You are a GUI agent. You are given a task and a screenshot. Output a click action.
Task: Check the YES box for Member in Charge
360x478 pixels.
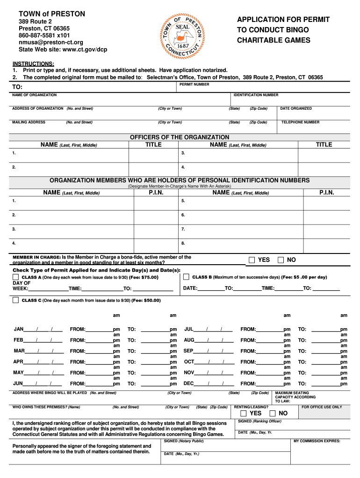click(x=252, y=260)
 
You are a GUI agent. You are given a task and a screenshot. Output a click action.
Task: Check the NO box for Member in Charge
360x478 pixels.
click(x=281, y=260)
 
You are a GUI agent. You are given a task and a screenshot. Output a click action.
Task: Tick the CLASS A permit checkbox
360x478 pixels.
click(x=15, y=277)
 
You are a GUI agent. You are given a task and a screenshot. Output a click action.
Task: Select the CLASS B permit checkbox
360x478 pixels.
click(x=186, y=277)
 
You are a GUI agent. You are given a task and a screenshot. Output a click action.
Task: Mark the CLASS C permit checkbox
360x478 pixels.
click(x=15, y=300)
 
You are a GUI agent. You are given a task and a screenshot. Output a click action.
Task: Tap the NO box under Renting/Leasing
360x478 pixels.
click(x=273, y=414)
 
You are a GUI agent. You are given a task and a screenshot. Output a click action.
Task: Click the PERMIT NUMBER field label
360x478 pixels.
click(x=194, y=84)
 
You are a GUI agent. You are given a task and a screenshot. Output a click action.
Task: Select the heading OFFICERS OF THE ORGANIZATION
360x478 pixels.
click(x=180, y=137)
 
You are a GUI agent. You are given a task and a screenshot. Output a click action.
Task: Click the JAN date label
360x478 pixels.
click(x=19, y=329)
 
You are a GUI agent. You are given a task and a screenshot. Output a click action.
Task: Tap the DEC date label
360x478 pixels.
click(x=189, y=384)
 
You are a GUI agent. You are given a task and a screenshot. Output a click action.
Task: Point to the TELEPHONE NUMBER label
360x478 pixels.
click(x=300, y=122)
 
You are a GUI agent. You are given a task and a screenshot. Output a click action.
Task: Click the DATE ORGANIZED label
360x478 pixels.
click(x=296, y=109)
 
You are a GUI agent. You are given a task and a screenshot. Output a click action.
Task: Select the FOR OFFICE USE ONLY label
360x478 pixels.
click(x=322, y=407)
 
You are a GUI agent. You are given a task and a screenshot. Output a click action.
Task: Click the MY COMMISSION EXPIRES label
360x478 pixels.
click(x=317, y=441)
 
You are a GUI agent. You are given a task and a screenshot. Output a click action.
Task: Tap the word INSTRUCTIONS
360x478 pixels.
click(x=33, y=63)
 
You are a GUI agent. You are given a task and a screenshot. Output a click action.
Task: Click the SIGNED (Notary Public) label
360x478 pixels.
click(x=184, y=441)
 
